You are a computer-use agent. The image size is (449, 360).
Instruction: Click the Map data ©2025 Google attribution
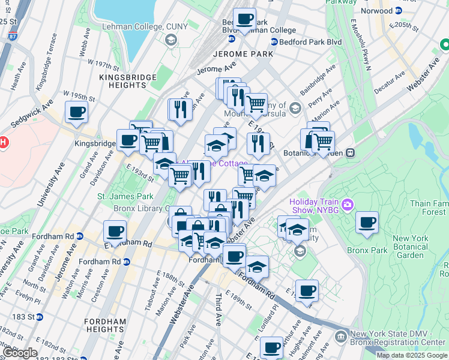[412, 355]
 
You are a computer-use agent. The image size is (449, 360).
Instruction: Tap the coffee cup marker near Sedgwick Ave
[76, 112]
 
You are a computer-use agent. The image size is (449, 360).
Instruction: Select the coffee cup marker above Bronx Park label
[367, 223]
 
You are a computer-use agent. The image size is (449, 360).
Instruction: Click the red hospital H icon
[3, 143]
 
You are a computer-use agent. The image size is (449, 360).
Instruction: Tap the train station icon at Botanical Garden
[349, 152]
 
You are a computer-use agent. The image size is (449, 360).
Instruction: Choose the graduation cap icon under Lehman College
[170, 40]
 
